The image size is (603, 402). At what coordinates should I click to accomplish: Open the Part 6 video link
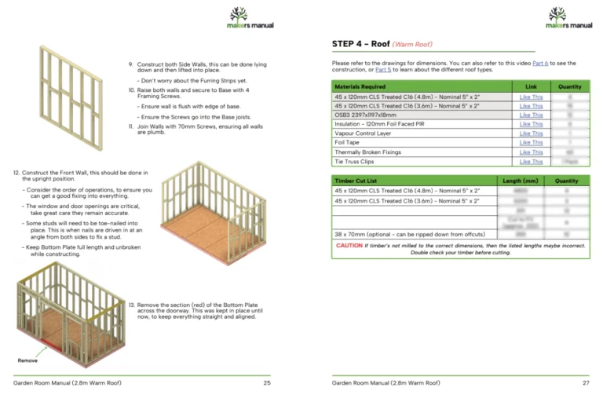click(x=541, y=63)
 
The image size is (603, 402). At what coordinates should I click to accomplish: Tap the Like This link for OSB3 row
click(x=531, y=115)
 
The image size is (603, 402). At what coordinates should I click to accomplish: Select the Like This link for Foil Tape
click(x=531, y=143)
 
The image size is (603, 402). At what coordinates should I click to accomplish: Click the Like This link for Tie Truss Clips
click(x=531, y=162)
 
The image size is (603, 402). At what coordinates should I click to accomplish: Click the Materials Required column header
click(x=360, y=86)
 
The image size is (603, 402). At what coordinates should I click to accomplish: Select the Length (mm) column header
click(x=521, y=181)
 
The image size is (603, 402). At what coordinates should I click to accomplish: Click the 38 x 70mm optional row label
click(x=408, y=234)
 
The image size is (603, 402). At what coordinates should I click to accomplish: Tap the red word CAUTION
click(x=349, y=246)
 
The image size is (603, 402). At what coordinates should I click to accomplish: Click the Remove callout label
click(x=28, y=360)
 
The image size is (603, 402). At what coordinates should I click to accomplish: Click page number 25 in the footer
click(x=267, y=382)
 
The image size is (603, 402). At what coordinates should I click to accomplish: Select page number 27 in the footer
click(x=586, y=382)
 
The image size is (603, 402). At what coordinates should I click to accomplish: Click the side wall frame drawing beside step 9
click(x=71, y=86)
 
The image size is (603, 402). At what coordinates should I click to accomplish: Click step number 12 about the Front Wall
click(x=16, y=172)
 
